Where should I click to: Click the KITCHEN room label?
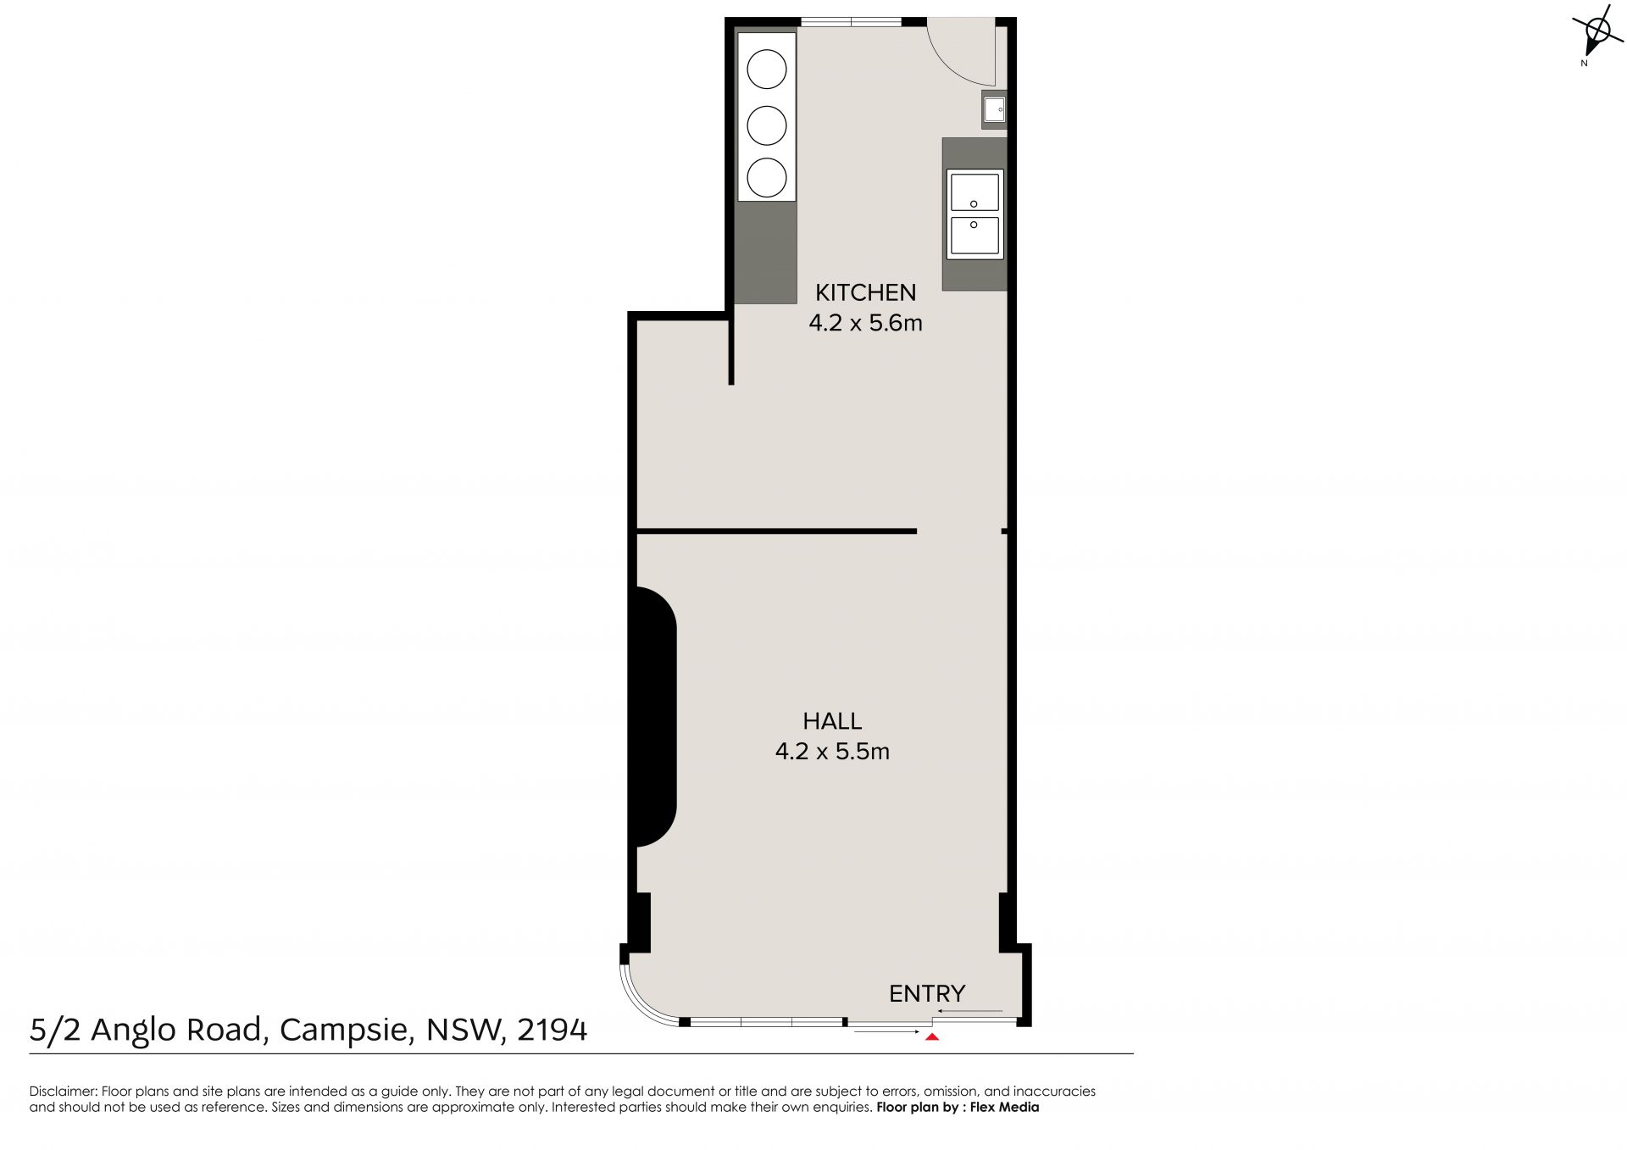pos(865,292)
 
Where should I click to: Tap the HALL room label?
pos(832,721)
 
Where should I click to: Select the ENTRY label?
pos(927,993)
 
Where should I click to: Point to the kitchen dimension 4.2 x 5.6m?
pos(865,323)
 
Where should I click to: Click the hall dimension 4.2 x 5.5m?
pos(832,752)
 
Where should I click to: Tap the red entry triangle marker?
pos(932,1036)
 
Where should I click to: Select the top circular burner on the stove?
pos(767,69)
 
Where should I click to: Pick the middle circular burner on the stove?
pos(767,124)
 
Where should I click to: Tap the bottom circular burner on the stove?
pos(767,177)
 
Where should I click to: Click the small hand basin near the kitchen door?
pos(994,109)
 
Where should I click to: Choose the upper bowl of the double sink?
pos(975,192)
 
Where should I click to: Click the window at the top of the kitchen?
pos(851,22)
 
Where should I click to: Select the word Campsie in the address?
pos(346,1031)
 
